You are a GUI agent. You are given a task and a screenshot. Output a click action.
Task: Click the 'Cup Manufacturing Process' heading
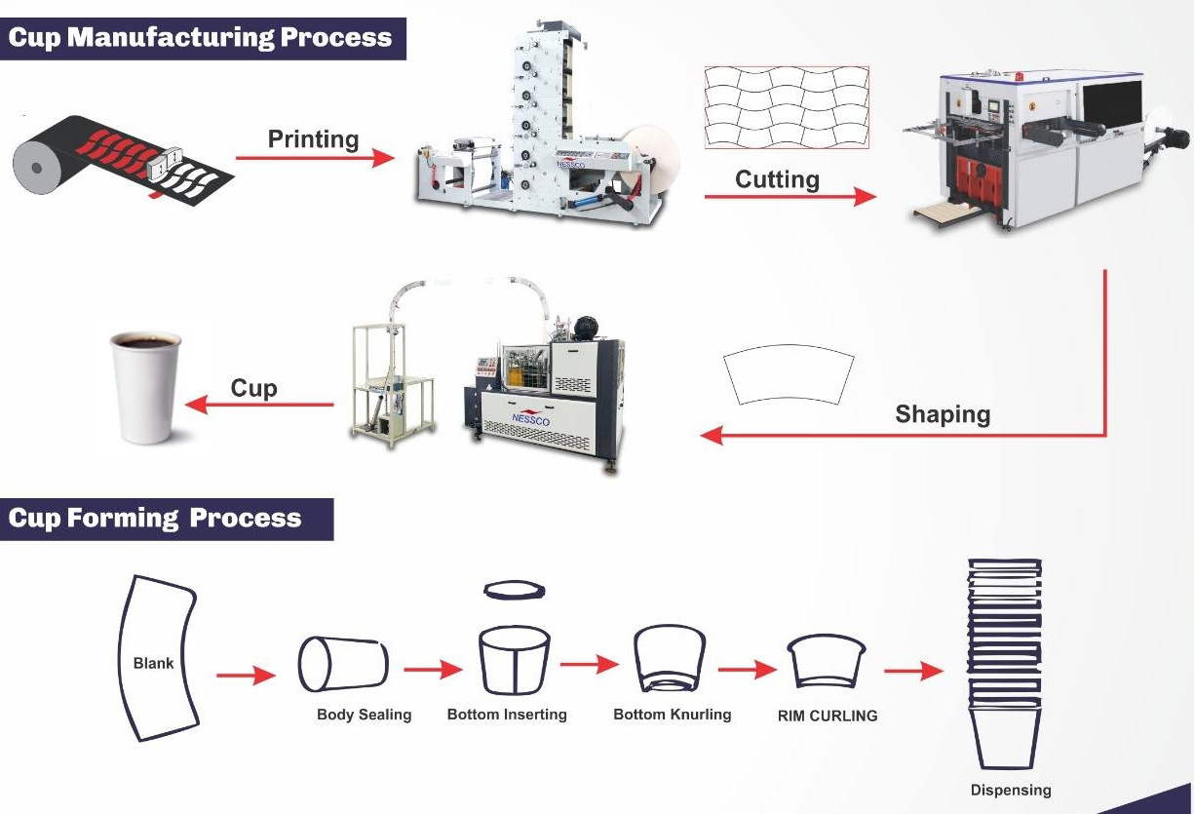[x=200, y=38]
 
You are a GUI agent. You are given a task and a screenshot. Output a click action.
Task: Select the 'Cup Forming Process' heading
[x=155, y=518]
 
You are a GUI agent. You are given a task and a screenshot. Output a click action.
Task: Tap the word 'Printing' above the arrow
[x=313, y=138]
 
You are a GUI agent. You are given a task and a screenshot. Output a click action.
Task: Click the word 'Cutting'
[x=777, y=179]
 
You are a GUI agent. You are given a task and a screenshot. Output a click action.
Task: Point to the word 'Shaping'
[x=943, y=414]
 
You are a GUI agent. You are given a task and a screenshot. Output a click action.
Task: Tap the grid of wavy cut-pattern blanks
[x=786, y=108]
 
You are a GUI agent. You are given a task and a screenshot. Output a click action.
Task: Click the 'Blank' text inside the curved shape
[x=153, y=663]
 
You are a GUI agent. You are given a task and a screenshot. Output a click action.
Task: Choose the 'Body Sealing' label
[x=364, y=715]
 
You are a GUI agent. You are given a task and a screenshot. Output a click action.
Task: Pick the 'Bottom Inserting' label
[x=507, y=715]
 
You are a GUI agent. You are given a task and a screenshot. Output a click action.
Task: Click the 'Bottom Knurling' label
[x=672, y=715]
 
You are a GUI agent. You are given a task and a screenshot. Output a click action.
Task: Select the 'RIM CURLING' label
[x=827, y=716]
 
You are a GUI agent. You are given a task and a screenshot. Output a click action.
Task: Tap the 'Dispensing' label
[x=1011, y=790]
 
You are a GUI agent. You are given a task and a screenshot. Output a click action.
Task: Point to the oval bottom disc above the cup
[x=515, y=591]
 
